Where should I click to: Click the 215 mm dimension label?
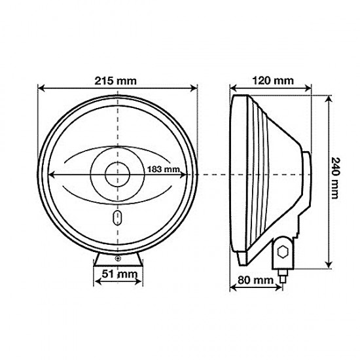118,81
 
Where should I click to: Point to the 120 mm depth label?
273,81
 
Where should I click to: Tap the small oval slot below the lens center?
118,217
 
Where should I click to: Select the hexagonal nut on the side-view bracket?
283,250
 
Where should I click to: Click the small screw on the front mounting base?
118,261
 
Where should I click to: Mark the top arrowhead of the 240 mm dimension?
325,96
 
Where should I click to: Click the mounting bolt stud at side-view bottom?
283,275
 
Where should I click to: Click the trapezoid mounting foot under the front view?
118,261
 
